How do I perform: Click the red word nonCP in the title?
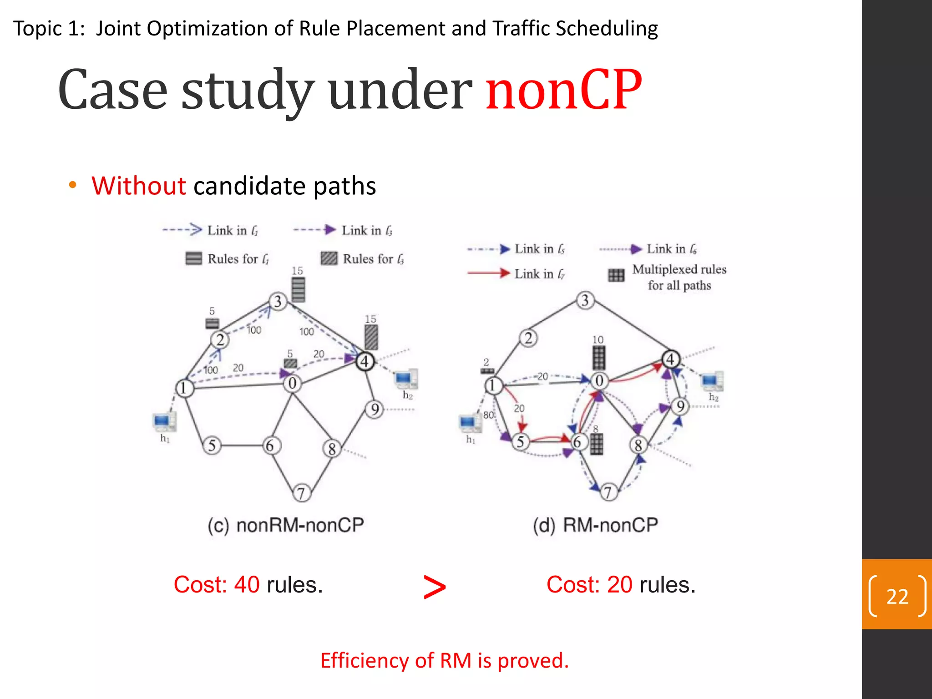click(563, 90)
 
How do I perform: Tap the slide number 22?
click(897, 596)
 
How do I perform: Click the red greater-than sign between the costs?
click(435, 587)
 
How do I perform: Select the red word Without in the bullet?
click(138, 186)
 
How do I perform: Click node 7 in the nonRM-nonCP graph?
click(301, 493)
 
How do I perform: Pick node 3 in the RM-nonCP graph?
click(585, 300)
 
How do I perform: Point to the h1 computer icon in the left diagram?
click(163, 422)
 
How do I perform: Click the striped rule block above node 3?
click(298, 289)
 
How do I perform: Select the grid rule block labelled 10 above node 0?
click(599, 358)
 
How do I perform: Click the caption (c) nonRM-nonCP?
click(286, 525)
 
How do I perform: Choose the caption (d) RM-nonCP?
click(595, 525)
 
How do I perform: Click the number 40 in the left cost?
click(247, 584)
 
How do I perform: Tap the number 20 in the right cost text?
click(619, 584)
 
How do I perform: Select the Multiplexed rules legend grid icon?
click(616, 275)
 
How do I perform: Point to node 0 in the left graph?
click(292, 383)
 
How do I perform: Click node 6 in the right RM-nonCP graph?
click(577, 441)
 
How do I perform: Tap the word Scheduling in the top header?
click(607, 29)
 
